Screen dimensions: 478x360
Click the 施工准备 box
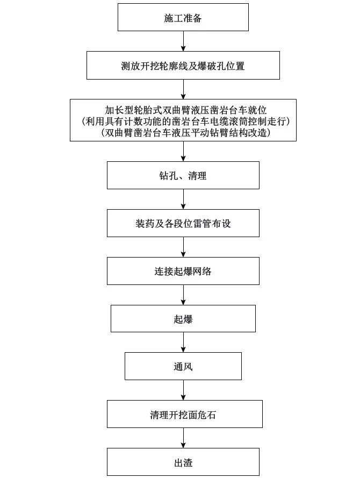point(183,18)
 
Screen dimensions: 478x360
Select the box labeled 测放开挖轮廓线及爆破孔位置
point(183,66)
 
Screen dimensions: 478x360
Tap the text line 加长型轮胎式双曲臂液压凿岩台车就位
point(183,109)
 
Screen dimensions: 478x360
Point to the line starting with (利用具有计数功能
point(183,121)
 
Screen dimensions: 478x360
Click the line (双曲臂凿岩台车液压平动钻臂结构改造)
point(183,132)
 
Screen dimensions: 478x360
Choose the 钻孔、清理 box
point(183,175)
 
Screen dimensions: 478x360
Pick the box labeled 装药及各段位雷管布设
point(183,223)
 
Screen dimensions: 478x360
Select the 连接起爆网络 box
point(183,271)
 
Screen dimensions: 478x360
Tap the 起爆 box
point(183,319)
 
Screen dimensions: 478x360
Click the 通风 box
point(183,367)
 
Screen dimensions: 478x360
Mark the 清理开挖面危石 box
point(183,415)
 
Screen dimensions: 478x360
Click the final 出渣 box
point(183,462)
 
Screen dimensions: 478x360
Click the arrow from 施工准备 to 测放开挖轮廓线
point(183,41)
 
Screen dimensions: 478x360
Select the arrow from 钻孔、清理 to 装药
point(183,199)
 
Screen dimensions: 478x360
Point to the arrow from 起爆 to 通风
point(183,343)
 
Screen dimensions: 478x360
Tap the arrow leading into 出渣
point(183,438)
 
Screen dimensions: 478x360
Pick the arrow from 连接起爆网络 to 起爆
point(183,295)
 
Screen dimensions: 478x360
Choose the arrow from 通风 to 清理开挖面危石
point(183,390)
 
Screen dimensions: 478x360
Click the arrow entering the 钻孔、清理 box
point(183,151)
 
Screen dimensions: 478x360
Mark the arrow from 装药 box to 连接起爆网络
point(183,247)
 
